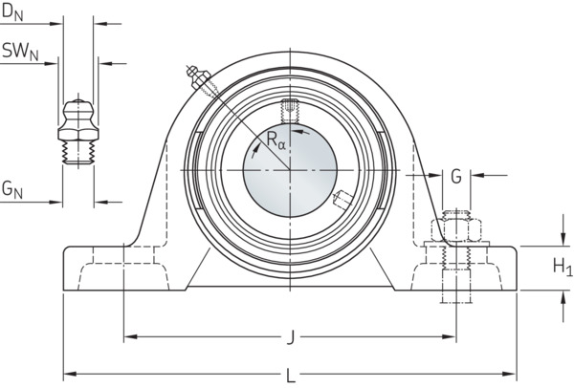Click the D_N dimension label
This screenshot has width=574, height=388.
pyautogui.click(x=12, y=12)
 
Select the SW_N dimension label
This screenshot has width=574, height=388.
pyautogui.click(x=20, y=51)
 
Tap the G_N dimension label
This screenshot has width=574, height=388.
pyautogui.click(x=12, y=189)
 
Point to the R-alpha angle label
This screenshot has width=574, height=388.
pyautogui.click(x=276, y=140)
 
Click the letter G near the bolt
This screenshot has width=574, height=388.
pyautogui.click(x=456, y=177)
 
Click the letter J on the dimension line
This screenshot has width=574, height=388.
pyautogui.click(x=290, y=337)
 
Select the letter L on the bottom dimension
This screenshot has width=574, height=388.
pyautogui.click(x=291, y=376)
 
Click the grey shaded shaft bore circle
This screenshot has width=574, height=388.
pyautogui.click(x=290, y=170)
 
